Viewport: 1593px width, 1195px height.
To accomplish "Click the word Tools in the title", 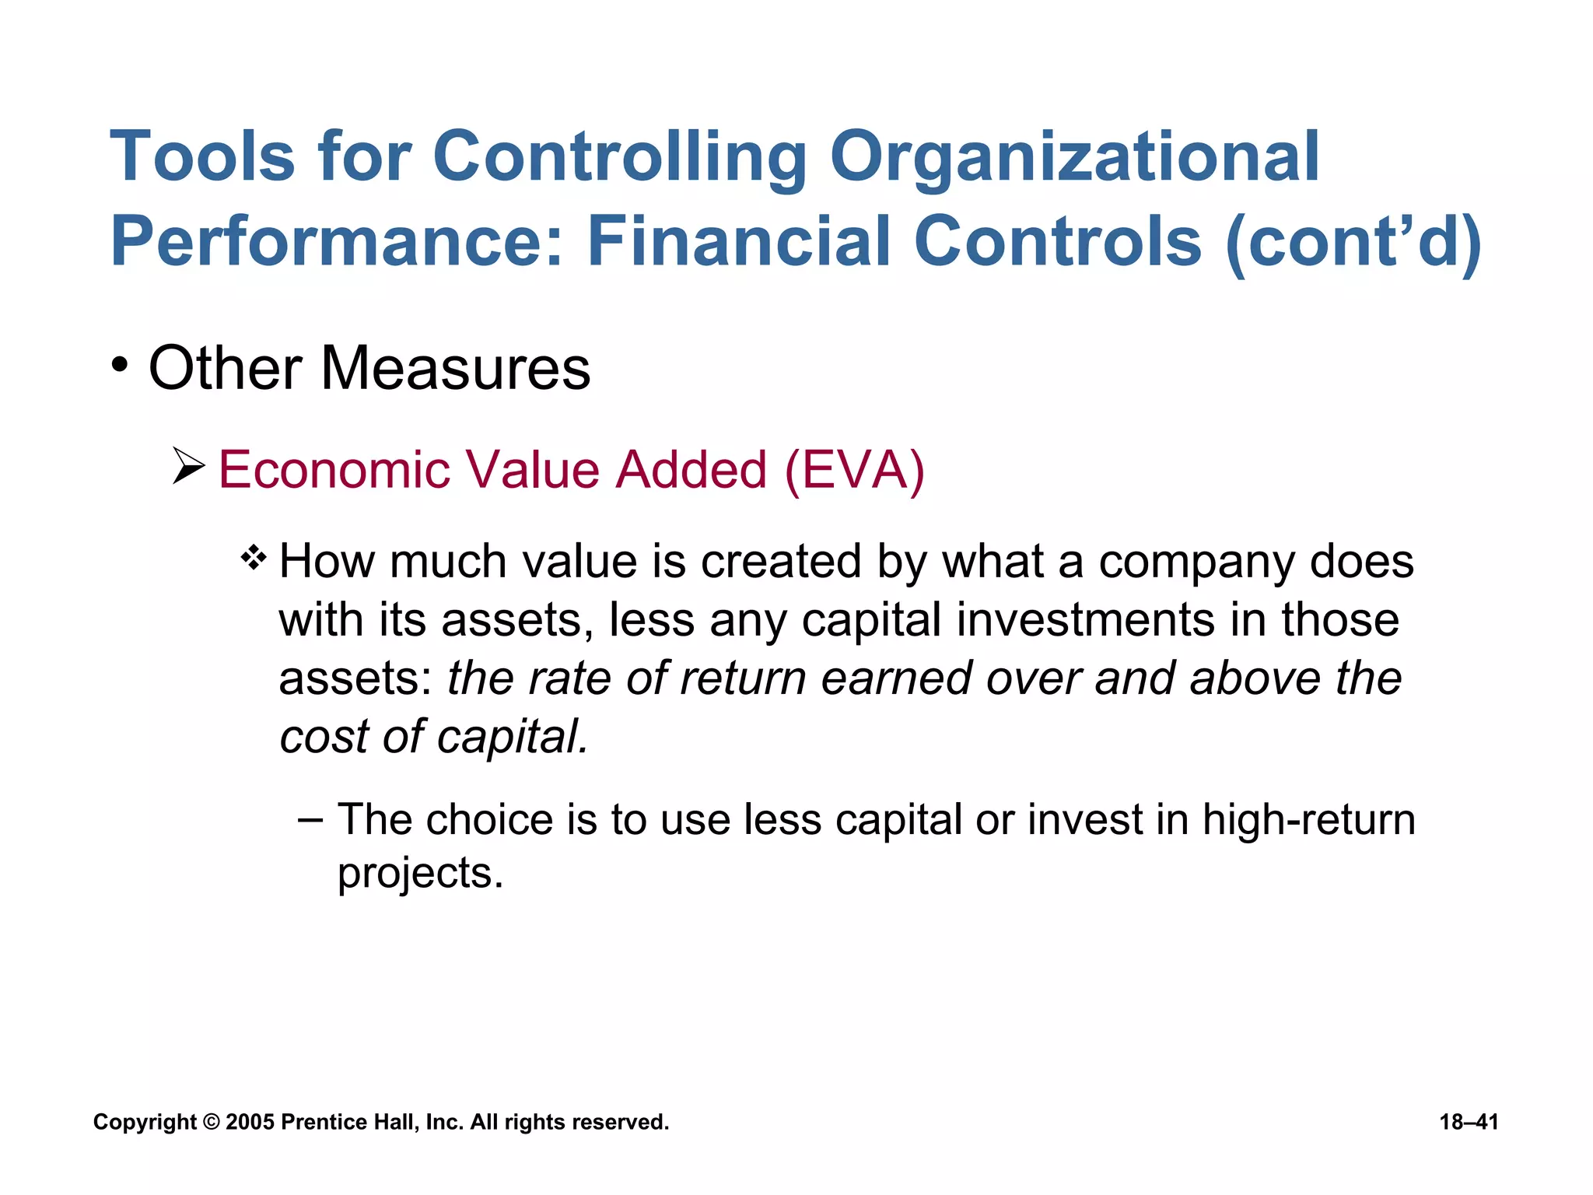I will [x=202, y=157].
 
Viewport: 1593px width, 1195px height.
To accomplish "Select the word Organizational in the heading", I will [x=1074, y=157].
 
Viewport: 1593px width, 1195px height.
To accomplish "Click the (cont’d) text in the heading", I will [x=1354, y=242].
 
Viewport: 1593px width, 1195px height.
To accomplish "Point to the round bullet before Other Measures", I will [x=119, y=365].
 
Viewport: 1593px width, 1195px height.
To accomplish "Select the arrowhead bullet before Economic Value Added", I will [x=188, y=467].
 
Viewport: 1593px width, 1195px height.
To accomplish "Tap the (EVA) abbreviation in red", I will [x=854, y=471].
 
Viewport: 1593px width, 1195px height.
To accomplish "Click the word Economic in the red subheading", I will [x=334, y=471].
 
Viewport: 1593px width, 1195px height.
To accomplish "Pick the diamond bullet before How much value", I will [x=254, y=558].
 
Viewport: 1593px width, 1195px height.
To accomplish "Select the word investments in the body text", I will [x=1085, y=620].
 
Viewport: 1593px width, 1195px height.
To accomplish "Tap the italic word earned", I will [x=896, y=678].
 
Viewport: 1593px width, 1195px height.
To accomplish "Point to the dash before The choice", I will [x=310, y=820].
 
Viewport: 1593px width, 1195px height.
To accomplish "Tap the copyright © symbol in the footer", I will [x=211, y=1122].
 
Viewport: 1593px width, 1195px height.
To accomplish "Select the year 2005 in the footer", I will [x=250, y=1122].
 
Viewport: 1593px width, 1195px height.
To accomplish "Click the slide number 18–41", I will [x=1469, y=1122].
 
